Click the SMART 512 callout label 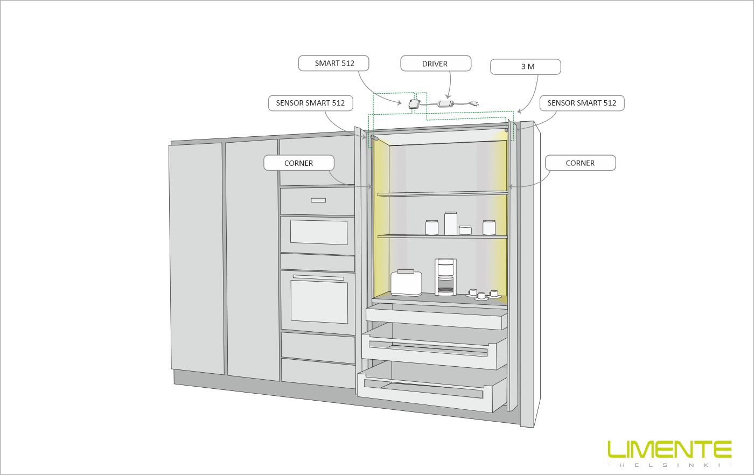(334, 64)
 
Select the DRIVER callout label (435, 64)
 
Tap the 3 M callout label (526, 67)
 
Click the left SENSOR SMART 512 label (310, 103)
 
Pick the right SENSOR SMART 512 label (582, 103)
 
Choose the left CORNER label (299, 163)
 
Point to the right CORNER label (580, 163)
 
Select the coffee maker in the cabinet (445, 277)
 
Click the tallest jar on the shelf (450, 223)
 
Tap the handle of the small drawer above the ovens (318, 200)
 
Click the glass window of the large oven (318, 301)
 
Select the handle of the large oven (318, 277)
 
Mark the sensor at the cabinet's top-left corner (373, 138)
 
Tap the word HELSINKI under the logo (669, 465)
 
